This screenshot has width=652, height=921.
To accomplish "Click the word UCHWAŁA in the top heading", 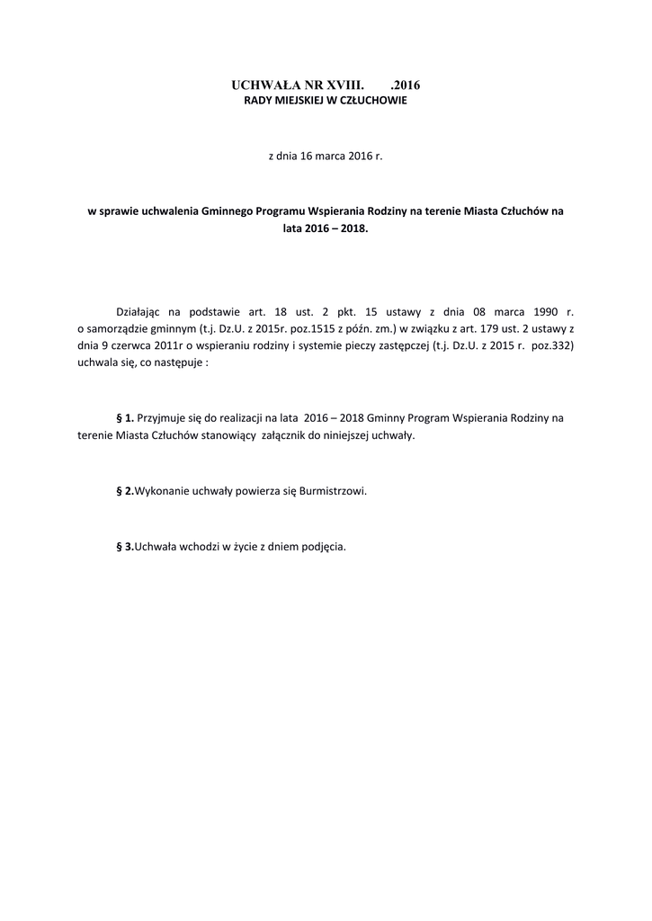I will pos(261,85).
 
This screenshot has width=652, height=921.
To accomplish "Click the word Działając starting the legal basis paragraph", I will pos(141,311).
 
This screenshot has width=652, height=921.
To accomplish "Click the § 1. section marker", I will pos(125,418).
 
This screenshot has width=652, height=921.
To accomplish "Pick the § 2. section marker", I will pos(125,491).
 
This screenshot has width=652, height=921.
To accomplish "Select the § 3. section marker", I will pos(125,546).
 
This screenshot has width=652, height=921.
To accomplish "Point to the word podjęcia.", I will pos(324,546).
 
